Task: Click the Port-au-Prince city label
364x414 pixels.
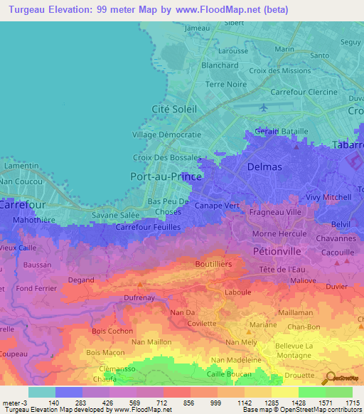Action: [x=167, y=175]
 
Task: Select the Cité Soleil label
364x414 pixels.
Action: [x=175, y=109]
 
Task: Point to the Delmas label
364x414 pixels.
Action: [x=264, y=166]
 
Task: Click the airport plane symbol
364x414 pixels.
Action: [x=264, y=107]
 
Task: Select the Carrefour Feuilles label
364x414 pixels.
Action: [x=148, y=226]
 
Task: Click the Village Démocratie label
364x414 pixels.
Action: [x=167, y=134]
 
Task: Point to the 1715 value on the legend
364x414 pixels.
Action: [x=351, y=403]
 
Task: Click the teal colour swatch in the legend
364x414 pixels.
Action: [x=41, y=392]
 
